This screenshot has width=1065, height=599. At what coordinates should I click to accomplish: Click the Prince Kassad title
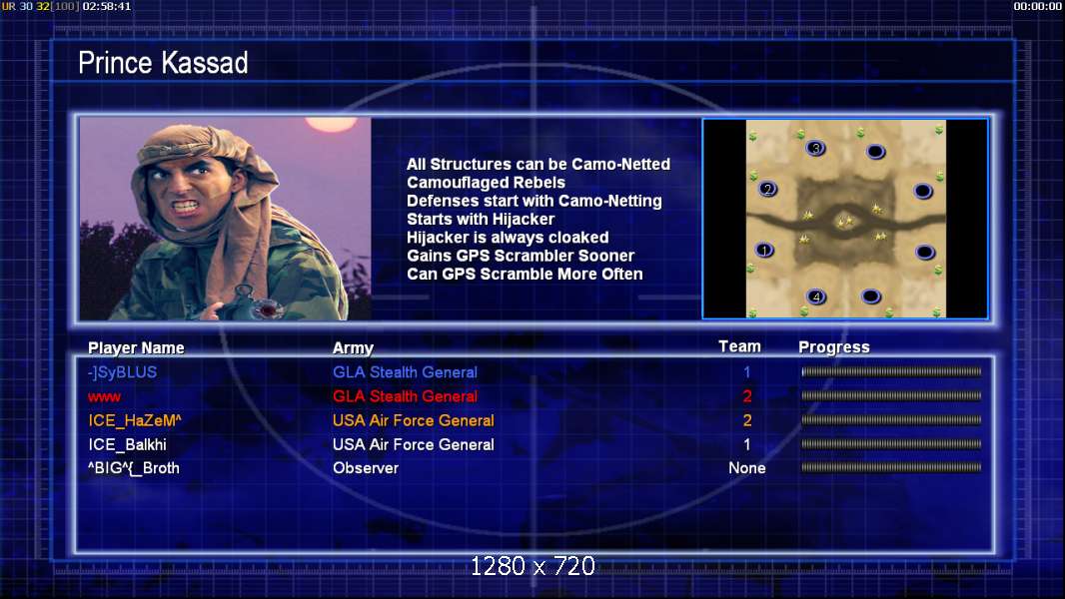pyautogui.click(x=163, y=63)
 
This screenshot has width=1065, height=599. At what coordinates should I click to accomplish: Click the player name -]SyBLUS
pyautogui.click(x=122, y=372)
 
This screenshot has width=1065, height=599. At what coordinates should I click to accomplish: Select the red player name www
pyautogui.click(x=104, y=397)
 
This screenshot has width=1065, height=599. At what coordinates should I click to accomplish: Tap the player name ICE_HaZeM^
pyautogui.click(x=135, y=420)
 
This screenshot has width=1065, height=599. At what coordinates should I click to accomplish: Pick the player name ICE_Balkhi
pyautogui.click(x=127, y=445)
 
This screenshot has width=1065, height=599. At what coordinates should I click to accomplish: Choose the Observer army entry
pyautogui.click(x=366, y=468)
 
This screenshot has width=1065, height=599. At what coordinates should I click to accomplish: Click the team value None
pyautogui.click(x=747, y=468)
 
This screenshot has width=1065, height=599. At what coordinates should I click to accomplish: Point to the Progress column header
pyautogui.click(x=834, y=347)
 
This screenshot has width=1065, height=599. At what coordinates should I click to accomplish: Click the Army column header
pyautogui.click(x=354, y=348)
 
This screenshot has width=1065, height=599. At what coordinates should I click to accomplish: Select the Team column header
pyautogui.click(x=739, y=346)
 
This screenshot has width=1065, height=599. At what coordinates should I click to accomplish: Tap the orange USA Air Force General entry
pyautogui.click(x=413, y=420)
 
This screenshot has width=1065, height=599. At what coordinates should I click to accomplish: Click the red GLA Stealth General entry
pyautogui.click(x=405, y=396)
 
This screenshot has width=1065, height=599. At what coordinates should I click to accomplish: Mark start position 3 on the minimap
pyautogui.click(x=815, y=148)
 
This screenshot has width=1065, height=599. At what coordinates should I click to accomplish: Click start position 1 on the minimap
pyautogui.click(x=765, y=251)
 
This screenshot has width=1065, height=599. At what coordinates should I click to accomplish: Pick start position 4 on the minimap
pyautogui.click(x=816, y=297)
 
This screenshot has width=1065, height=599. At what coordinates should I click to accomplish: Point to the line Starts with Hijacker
pyautogui.click(x=481, y=219)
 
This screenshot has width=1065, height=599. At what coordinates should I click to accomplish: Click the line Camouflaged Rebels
pyautogui.click(x=486, y=183)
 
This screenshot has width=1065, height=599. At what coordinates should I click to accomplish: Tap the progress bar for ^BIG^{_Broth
pyautogui.click(x=891, y=467)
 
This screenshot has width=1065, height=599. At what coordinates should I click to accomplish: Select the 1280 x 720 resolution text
pyautogui.click(x=532, y=566)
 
